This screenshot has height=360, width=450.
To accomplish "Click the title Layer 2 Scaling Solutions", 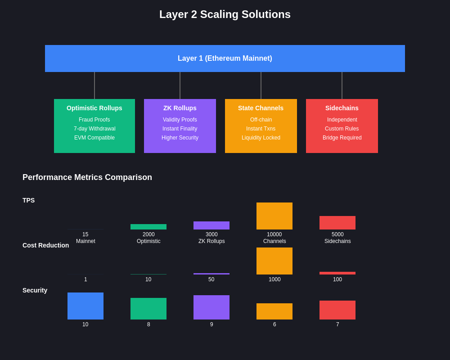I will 225,14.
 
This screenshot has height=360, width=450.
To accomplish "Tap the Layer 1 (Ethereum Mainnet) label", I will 225,58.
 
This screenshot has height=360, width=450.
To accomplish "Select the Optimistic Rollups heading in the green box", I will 94,108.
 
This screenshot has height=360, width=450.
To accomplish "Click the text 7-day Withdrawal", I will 94,129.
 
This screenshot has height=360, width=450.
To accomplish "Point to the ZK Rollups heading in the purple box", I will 180,108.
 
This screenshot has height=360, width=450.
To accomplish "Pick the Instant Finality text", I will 180,129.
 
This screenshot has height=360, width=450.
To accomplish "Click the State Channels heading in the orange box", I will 261,108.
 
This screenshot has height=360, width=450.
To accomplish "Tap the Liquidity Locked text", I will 261,138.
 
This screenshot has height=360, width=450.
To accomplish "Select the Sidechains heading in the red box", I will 342,108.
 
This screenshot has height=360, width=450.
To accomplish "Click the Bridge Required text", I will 342,138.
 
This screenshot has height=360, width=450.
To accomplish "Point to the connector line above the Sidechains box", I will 342,85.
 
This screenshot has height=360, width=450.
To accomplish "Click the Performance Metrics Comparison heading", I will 87,177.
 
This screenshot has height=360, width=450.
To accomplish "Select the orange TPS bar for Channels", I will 274,216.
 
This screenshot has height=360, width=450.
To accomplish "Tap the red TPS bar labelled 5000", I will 337,223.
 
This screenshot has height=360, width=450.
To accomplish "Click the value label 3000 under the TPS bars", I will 211,234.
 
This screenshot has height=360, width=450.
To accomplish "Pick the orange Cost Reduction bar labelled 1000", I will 274,261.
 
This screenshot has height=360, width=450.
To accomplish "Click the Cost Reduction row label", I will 46,245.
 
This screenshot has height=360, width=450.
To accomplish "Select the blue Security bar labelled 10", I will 85,306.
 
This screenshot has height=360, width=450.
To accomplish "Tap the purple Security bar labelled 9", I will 211,307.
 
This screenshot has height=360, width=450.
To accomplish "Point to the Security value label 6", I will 274,324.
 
